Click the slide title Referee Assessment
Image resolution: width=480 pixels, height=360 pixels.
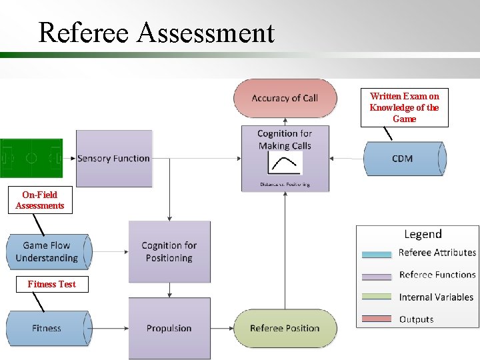click(156, 32)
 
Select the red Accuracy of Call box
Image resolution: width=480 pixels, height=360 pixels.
click(285, 99)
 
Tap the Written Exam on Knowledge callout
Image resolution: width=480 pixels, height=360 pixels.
click(404, 108)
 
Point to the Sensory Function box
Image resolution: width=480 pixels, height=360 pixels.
click(114, 159)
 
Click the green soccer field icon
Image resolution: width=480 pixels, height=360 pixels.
click(31, 159)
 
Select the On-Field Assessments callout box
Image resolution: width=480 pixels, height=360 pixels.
click(43, 201)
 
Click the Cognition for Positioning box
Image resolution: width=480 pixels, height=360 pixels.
click(169, 252)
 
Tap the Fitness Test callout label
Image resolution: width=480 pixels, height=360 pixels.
click(51, 285)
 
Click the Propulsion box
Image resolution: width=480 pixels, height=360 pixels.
click(169, 328)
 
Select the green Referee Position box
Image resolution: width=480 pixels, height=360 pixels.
click(285, 328)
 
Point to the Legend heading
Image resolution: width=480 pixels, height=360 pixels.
click(423, 235)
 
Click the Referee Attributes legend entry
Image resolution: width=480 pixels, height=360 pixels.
click(437, 253)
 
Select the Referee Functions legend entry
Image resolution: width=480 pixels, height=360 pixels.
click(437, 275)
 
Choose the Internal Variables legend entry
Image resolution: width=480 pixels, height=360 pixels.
click(436, 297)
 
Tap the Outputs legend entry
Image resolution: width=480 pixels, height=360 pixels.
click(416, 319)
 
